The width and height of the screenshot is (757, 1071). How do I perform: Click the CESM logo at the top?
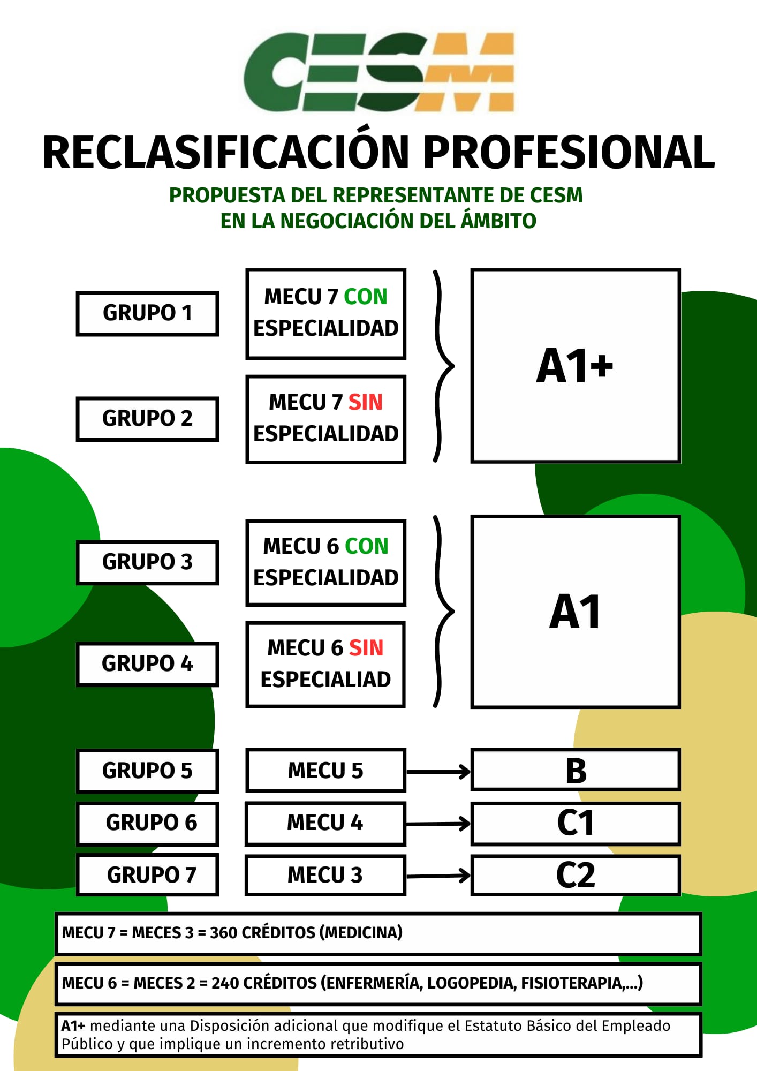click(378, 72)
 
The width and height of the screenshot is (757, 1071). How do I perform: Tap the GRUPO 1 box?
click(147, 314)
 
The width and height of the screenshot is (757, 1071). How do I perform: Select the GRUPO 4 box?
click(147, 664)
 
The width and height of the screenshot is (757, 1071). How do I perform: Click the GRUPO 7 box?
click(147, 875)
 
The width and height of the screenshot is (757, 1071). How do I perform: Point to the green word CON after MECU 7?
click(365, 297)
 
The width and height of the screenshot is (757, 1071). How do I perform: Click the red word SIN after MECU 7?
click(365, 402)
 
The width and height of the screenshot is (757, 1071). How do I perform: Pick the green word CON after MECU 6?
click(366, 546)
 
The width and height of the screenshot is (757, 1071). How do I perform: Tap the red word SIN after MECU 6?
click(366, 648)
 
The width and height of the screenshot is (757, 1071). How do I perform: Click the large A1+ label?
click(574, 366)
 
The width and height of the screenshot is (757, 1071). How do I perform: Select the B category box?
click(576, 771)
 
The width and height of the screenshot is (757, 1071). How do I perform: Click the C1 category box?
click(576, 823)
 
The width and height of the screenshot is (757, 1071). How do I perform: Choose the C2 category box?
click(576, 875)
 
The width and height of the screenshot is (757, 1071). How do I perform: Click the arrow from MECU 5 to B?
click(438, 772)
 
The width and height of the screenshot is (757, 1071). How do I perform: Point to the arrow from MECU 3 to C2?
click(438, 876)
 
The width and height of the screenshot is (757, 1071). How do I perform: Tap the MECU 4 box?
click(325, 823)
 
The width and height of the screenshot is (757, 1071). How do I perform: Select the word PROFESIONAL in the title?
click(569, 153)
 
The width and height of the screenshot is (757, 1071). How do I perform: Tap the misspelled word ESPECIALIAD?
click(325, 680)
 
